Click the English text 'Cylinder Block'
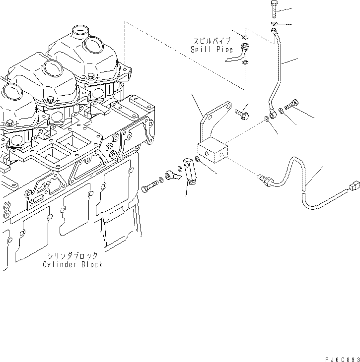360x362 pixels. pos(73,264)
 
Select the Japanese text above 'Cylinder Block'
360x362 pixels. pos(73,256)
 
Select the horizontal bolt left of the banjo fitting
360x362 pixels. pos(150,188)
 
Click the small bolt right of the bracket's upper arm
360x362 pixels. pos(243,114)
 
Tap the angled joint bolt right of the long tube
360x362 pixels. pos(291,105)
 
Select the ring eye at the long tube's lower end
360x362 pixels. pos(271,115)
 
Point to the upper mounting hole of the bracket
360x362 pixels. pos(228,107)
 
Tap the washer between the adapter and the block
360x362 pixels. pos(198,160)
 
